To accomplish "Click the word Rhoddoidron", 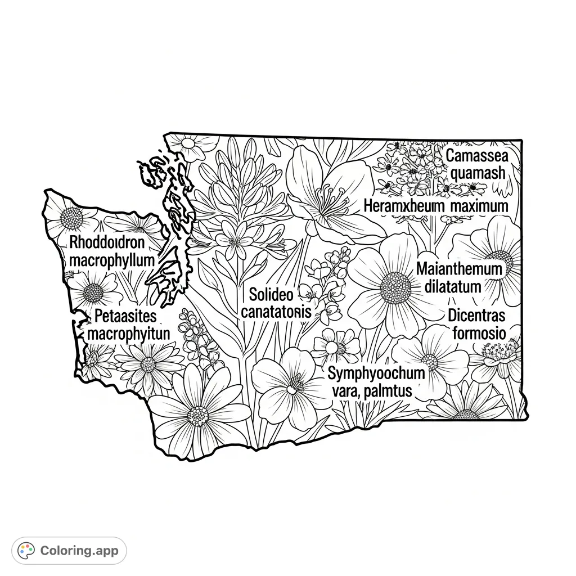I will click(107, 243).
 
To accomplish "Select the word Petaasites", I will click(125, 316).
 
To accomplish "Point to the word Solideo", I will click(271, 294).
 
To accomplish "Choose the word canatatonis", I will click(276, 312).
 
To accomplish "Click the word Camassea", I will click(476, 156).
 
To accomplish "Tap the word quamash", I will click(478, 173).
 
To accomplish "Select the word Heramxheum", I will click(404, 206).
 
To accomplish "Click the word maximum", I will click(479, 206).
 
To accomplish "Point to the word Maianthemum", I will click(459, 269).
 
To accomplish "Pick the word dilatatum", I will click(453, 286).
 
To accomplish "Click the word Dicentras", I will click(476, 316).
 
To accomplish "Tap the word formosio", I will click(479, 334).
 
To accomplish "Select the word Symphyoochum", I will click(376, 372).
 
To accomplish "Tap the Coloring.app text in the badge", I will click(79, 551).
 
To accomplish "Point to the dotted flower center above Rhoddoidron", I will click(71, 218).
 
